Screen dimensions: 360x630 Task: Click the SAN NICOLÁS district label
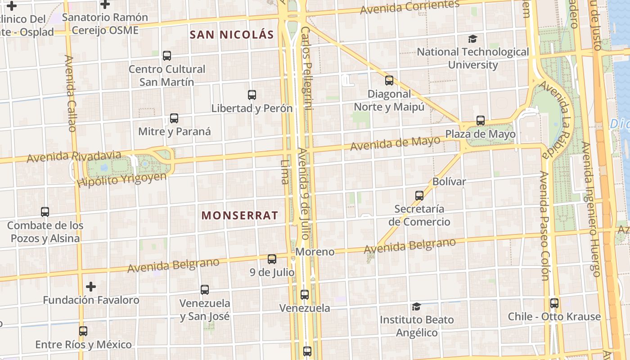232,35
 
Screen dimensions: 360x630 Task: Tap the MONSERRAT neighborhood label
239,216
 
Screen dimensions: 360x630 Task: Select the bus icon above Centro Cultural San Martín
167,56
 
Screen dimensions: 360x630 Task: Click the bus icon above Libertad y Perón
252,95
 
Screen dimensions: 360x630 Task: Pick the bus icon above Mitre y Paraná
174,118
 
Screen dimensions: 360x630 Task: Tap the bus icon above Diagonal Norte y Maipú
389,81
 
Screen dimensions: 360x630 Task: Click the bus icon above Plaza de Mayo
481,121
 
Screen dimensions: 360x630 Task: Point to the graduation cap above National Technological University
472,39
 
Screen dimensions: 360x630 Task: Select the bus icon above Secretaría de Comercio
419,195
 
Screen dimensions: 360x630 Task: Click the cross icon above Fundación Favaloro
91,286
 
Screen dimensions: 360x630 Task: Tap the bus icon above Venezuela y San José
205,289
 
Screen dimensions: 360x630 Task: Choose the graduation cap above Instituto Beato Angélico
416,306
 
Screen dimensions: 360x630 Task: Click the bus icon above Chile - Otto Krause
554,303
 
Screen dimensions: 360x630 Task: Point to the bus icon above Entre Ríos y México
83,331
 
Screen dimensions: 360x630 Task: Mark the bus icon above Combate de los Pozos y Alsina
45,211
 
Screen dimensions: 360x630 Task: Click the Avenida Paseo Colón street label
545,225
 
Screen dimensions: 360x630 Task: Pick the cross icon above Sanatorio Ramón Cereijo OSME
105,4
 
